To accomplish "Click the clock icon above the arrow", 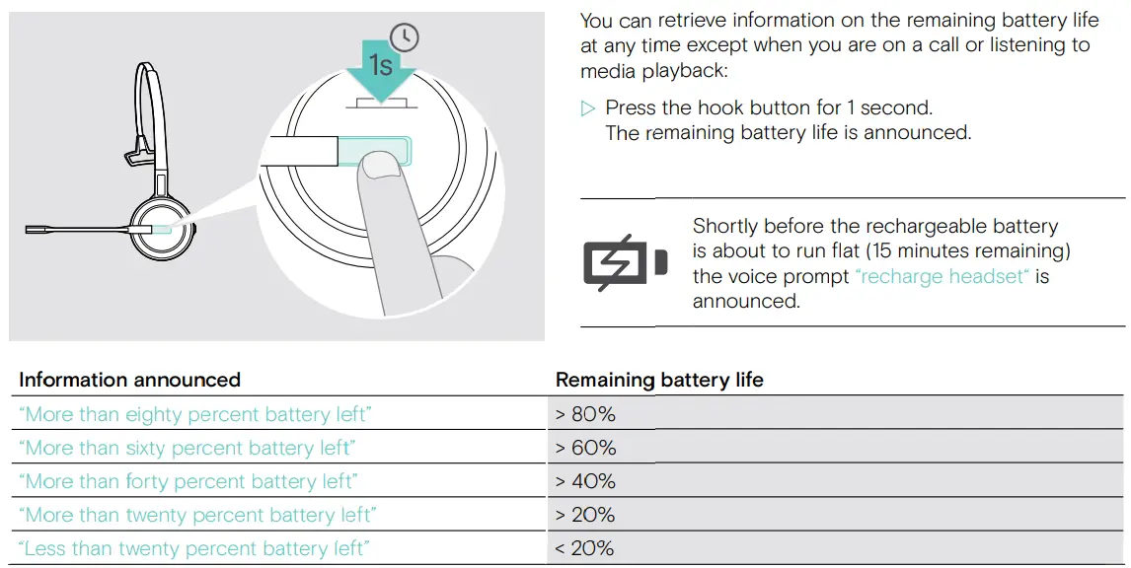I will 405,37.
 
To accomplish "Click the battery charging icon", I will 625,262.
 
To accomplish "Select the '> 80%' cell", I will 585,415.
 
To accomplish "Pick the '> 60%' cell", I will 585,449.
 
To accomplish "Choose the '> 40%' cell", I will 585,482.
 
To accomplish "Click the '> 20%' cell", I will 585,516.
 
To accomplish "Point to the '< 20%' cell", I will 585,549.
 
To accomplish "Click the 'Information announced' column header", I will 129,381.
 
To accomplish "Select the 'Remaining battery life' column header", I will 659,381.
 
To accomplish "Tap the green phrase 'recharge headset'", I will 942,277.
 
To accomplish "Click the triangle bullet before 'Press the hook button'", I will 589,108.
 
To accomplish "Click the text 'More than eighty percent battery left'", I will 195,415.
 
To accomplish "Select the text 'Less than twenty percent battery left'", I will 193,549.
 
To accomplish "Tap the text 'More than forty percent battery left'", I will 188,482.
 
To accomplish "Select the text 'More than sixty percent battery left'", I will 187,449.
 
